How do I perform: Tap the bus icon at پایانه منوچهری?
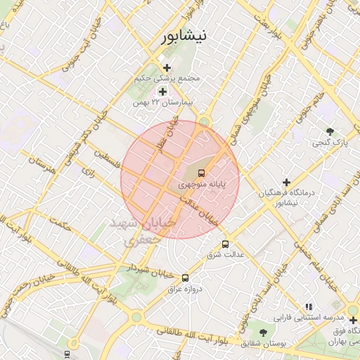click(201, 173)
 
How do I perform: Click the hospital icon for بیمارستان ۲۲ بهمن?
click(163, 91)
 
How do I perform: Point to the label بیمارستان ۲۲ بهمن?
click(162, 103)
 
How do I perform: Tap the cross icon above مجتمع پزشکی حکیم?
click(167, 67)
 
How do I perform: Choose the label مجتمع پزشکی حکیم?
click(167, 79)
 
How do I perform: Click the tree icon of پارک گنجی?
click(330, 131)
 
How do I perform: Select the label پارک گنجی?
click(329, 143)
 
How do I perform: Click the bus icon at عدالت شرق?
click(225, 244)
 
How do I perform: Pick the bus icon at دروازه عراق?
click(185, 278)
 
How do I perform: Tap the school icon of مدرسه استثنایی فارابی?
click(309, 307)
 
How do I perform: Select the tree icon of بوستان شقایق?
click(263, 332)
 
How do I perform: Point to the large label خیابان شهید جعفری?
click(138, 231)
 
